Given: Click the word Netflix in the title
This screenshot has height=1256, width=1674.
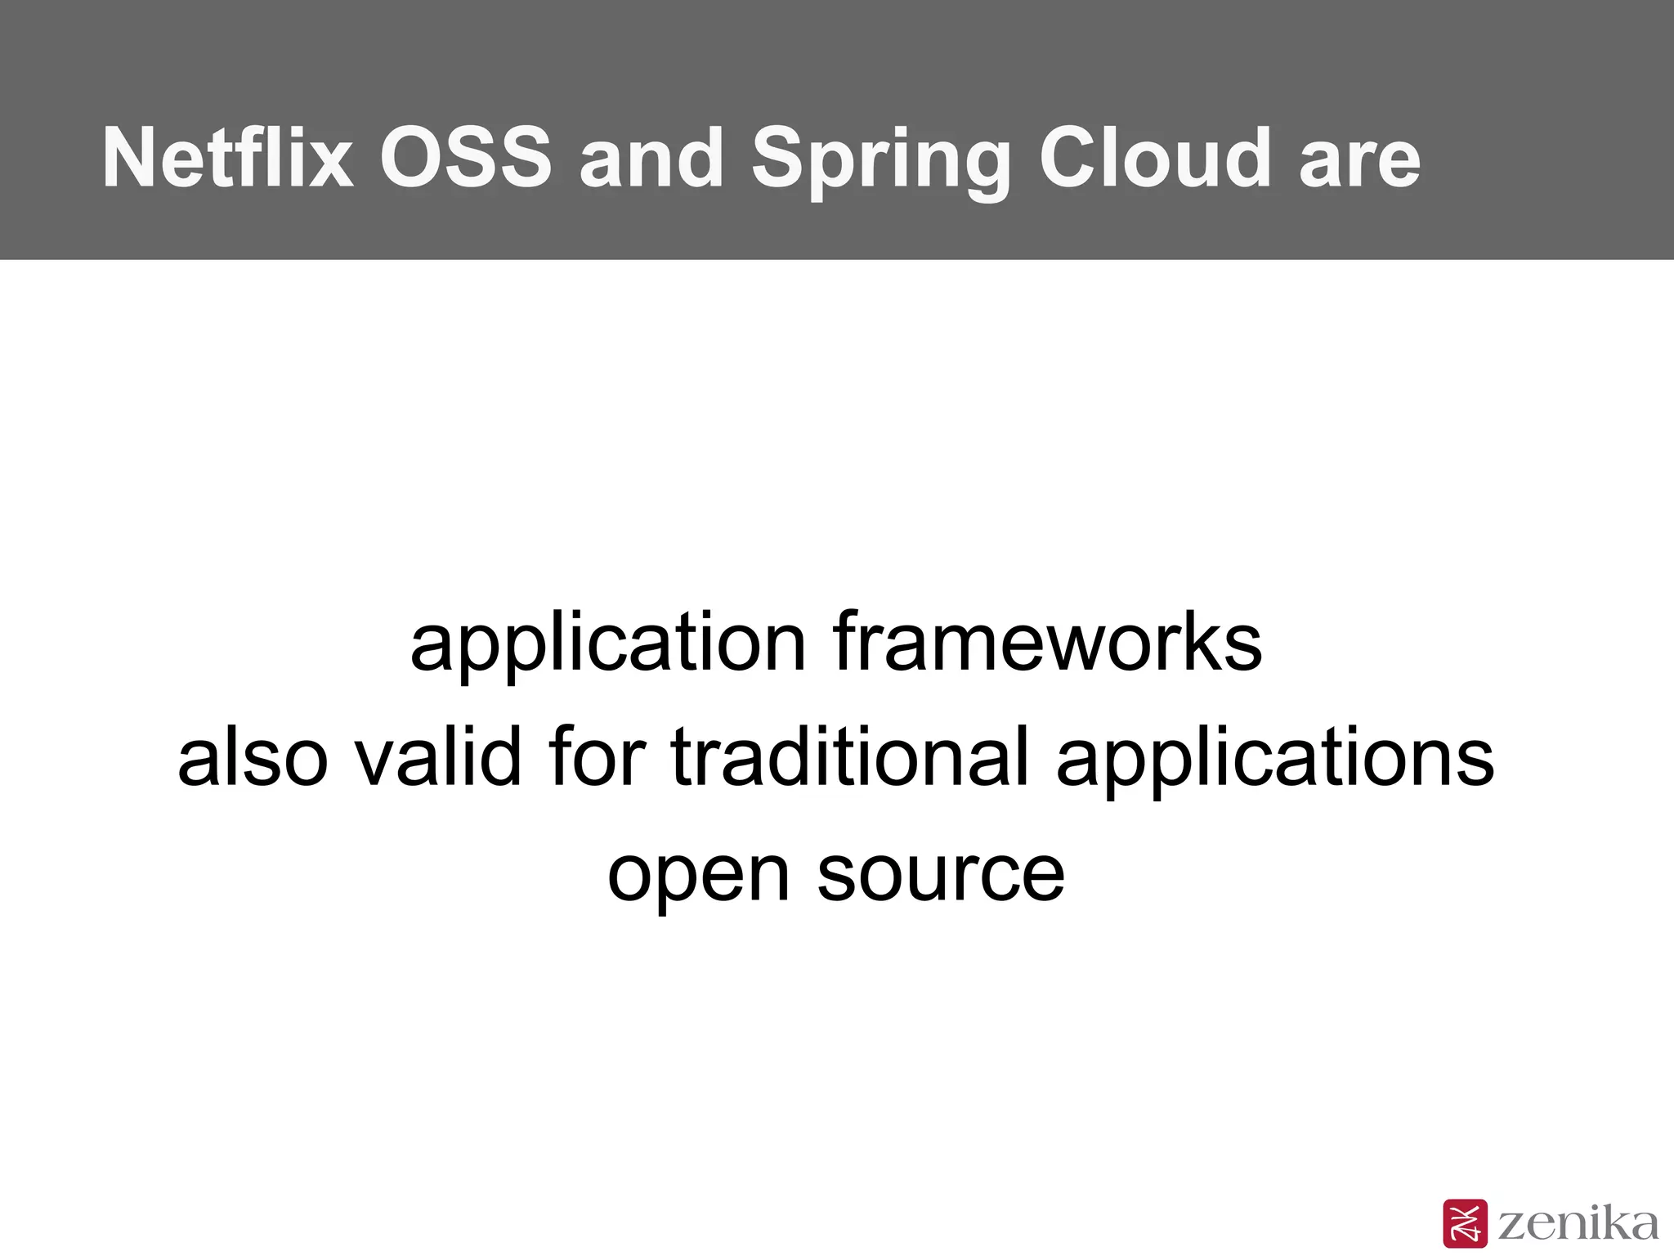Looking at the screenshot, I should tap(228, 158).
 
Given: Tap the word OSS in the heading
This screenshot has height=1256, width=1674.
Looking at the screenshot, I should tap(466, 158).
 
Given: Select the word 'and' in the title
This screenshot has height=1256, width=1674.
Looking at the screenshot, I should tap(651, 158).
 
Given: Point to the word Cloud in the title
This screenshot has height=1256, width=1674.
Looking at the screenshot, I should tap(1155, 158).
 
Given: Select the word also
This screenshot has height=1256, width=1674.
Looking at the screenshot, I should tap(253, 758).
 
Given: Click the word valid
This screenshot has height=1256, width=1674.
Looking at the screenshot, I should tap(438, 758).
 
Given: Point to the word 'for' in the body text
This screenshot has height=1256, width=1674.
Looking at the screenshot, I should tap(598, 758).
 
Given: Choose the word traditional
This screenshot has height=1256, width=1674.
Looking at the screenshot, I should tap(849, 758).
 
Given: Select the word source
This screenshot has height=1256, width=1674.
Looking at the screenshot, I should tap(941, 875).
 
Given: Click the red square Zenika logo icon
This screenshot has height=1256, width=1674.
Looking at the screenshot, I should tap(1466, 1223).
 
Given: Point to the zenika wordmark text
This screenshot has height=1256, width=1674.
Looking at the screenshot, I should tap(1578, 1223).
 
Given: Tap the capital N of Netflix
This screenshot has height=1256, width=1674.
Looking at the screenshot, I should tap(130, 158).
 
